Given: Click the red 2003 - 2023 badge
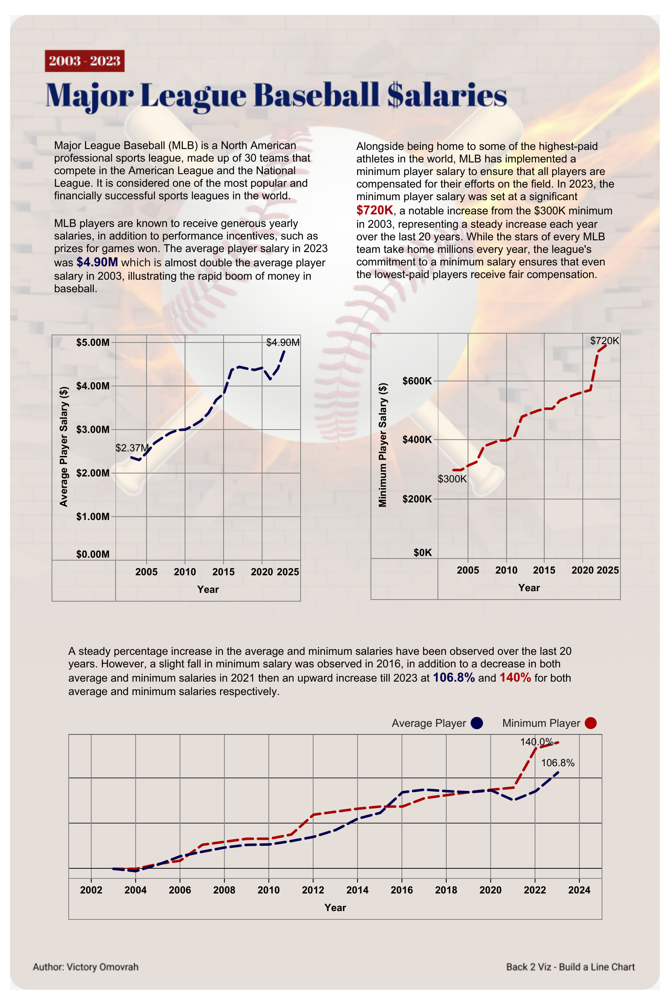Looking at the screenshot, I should point(85,61).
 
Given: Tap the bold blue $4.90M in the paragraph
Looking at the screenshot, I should point(97,262).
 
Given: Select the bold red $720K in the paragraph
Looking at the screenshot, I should point(375,210).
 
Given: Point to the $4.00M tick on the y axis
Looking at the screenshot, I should point(93,386).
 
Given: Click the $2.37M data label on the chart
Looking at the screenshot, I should point(132,448).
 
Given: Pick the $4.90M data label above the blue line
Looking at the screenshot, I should point(283,342).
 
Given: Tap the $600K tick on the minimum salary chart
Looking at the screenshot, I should point(417,381).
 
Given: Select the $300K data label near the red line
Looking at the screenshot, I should point(452,479).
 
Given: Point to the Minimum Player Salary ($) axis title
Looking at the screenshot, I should point(383,445).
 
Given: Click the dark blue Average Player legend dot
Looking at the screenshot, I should point(476,723).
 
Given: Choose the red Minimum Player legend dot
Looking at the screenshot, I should point(590,723).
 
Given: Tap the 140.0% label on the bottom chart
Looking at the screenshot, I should point(536,742).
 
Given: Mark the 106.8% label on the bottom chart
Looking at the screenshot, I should point(558,763).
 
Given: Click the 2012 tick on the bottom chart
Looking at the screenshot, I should point(313,890).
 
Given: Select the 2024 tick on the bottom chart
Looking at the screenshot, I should point(579,890).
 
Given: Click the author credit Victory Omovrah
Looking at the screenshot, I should point(86,967).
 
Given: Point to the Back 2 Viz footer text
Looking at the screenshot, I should point(570,967).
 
